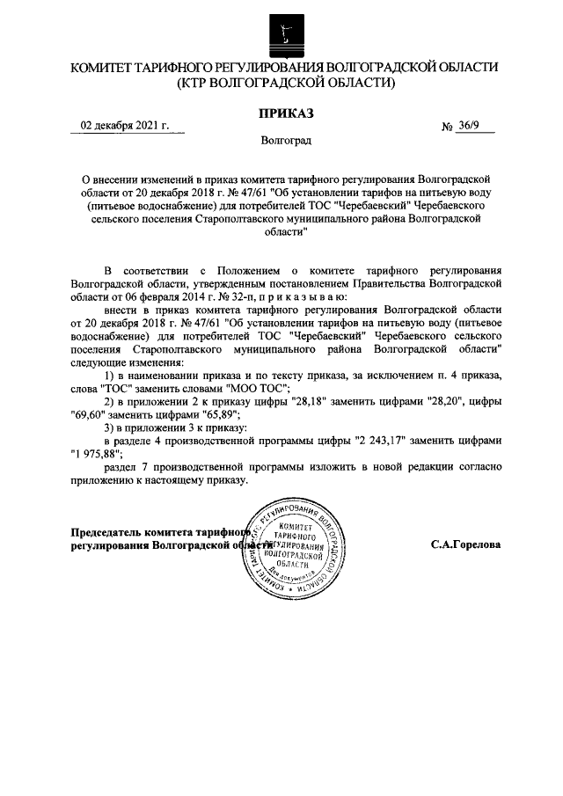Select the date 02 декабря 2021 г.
125,126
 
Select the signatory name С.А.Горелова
465,544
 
